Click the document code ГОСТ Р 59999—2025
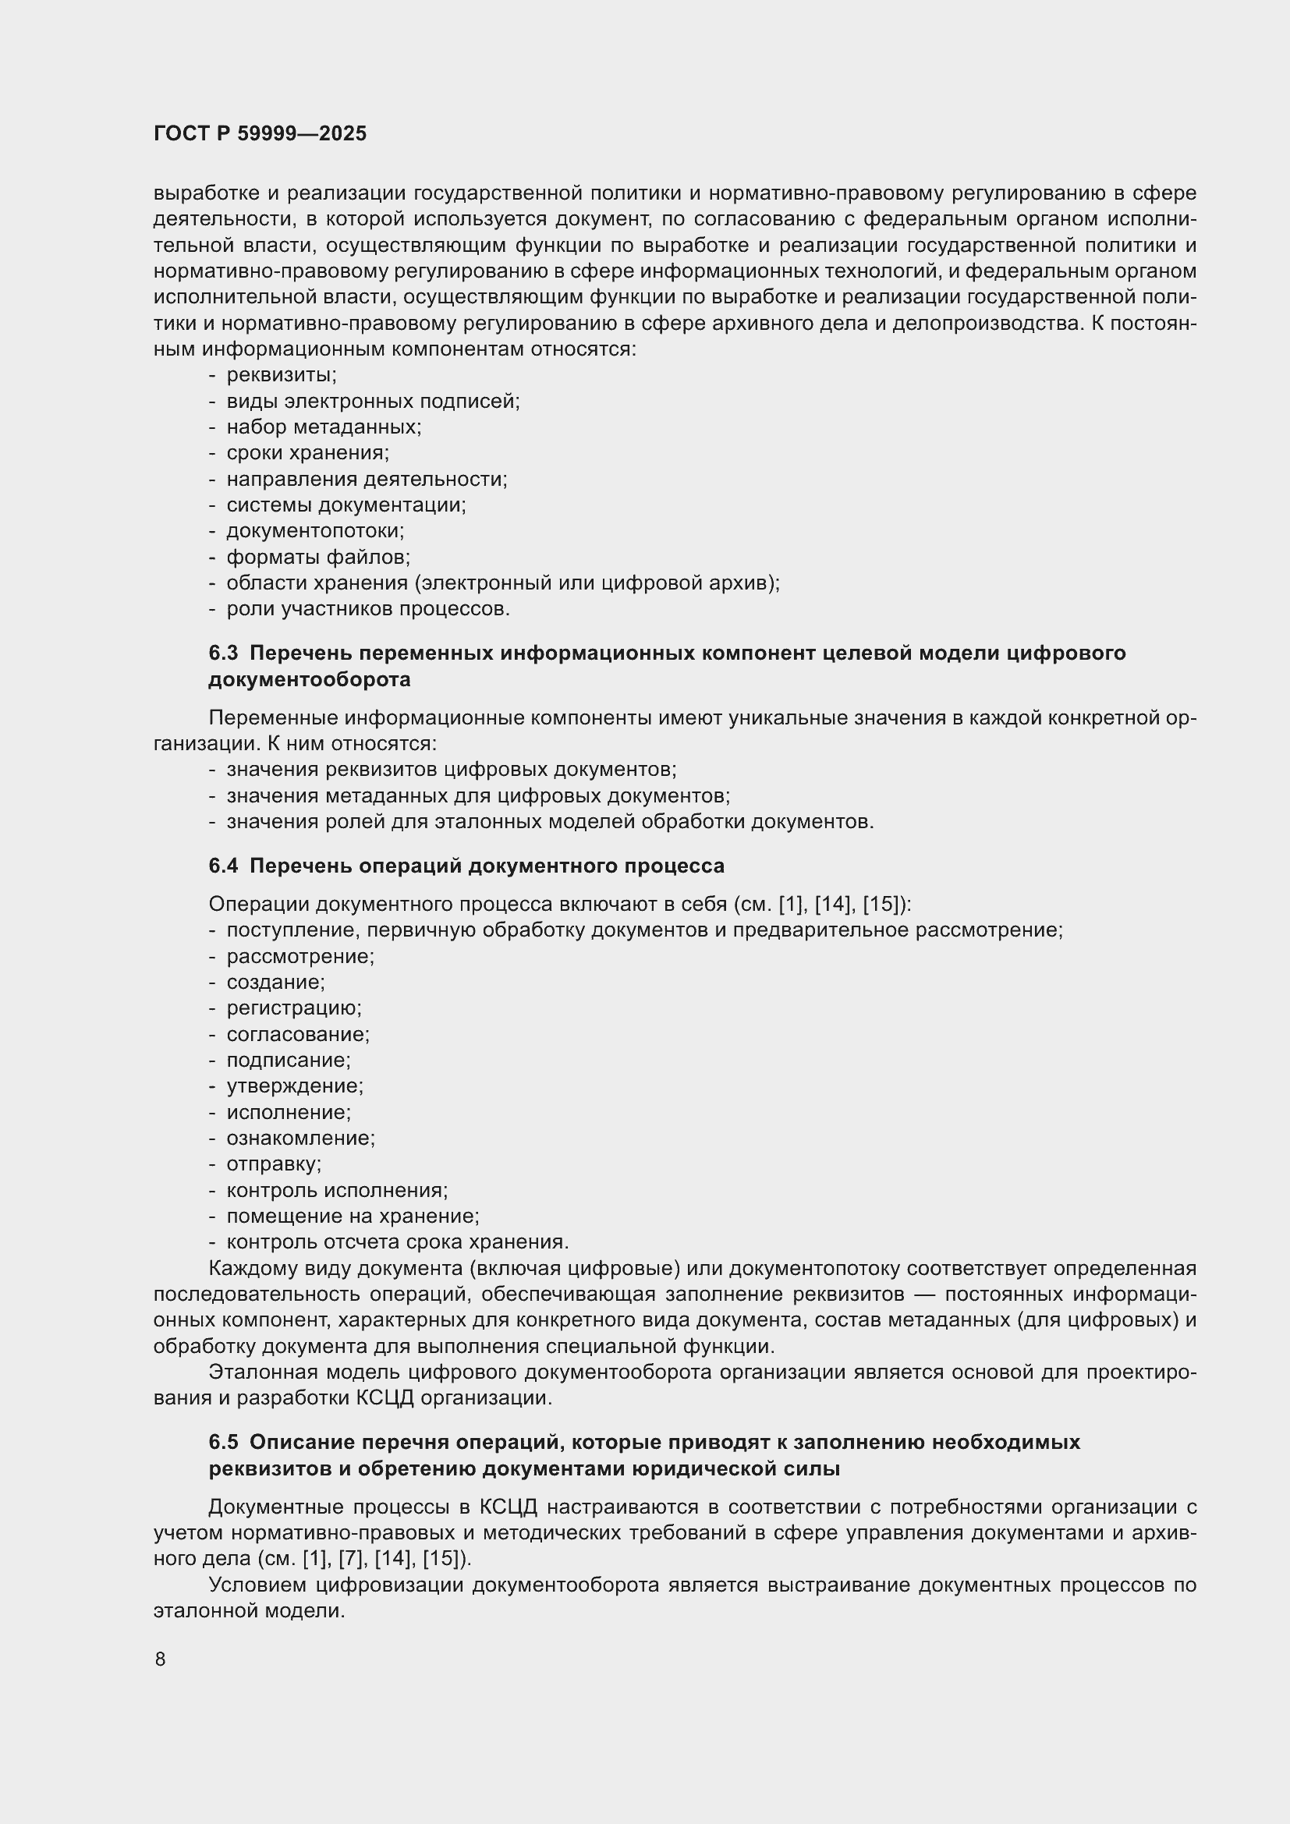click(260, 133)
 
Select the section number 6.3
click(223, 653)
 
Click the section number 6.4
click(223, 865)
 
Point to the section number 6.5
click(223, 1442)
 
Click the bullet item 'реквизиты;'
click(282, 375)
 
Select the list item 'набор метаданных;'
click(324, 427)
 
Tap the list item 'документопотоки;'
click(315, 531)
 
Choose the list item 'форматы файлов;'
click(317, 557)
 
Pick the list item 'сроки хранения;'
click(307, 453)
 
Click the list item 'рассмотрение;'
click(300, 957)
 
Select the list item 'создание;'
click(275, 983)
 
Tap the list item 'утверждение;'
click(295, 1086)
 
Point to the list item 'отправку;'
click(274, 1163)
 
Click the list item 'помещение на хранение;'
click(353, 1217)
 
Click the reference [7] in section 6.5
click(351, 1559)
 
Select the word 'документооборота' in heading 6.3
click(310, 680)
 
